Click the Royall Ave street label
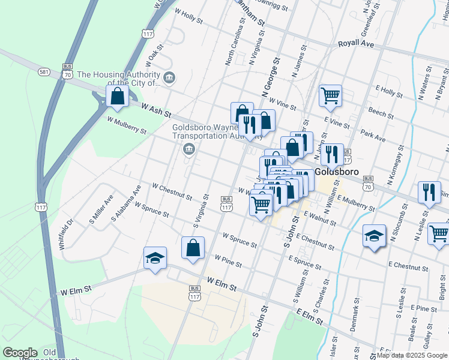356,44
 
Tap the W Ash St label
156,110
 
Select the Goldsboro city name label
337,172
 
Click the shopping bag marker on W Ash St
118,97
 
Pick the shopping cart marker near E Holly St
331,96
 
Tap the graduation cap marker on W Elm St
155,259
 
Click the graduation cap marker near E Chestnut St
374,236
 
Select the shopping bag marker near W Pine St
193,248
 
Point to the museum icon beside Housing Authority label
169,77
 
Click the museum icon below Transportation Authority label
189,149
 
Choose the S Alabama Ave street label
126,203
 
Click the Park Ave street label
373,134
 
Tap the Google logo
20,353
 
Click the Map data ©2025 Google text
412,355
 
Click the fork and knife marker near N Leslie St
429,193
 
